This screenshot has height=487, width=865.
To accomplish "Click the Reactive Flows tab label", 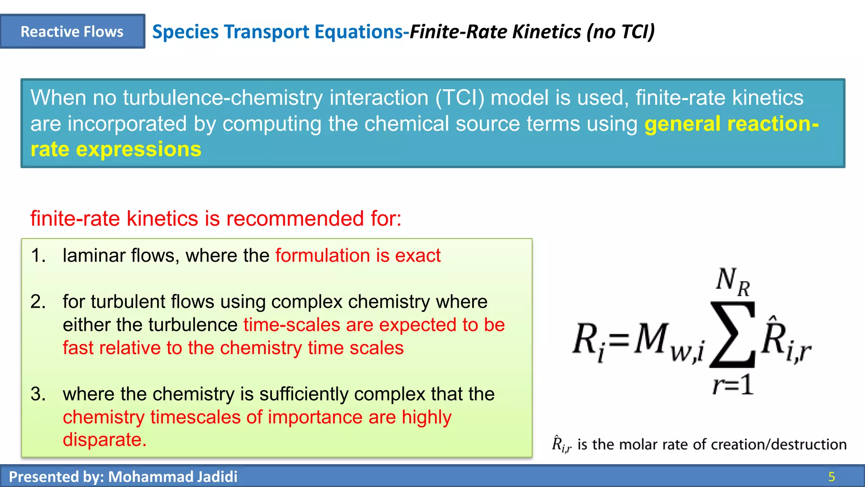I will click(x=72, y=32).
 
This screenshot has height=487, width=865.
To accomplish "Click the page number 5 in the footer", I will click(x=831, y=477).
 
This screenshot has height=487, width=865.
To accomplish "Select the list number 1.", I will click(x=38, y=256).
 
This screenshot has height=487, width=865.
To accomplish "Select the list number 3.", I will click(x=38, y=394).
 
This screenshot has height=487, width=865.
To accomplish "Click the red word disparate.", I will click(x=104, y=440).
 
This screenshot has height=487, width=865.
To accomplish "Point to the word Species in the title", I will click(x=185, y=32).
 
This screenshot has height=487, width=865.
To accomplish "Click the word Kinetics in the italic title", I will click(x=547, y=32).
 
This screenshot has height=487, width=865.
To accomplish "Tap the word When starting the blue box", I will click(x=58, y=98).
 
